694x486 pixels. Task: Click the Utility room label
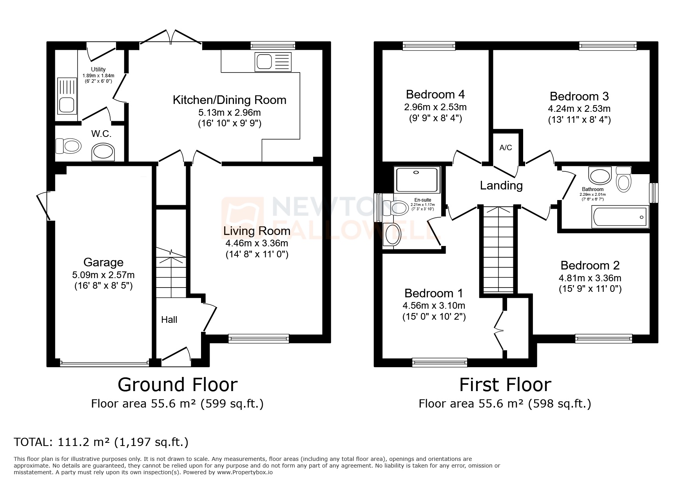(x=98, y=69)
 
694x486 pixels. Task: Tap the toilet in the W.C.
(x=69, y=146)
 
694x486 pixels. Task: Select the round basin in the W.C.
(x=103, y=152)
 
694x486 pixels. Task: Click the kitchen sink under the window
(x=273, y=62)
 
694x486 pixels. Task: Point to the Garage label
(x=103, y=262)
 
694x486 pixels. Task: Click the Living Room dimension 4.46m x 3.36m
(x=257, y=243)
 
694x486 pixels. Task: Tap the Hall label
(x=169, y=320)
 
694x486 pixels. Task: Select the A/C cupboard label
(x=506, y=148)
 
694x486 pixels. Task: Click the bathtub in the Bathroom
(x=620, y=217)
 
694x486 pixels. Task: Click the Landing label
(x=501, y=185)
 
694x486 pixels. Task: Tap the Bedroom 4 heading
(x=435, y=95)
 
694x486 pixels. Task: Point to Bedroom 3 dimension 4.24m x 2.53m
(x=579, y=109)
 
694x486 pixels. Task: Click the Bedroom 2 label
(x=590, y=266)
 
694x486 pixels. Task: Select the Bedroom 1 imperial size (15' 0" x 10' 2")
(x=434, y=317)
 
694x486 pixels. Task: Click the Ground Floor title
(x=178, y=385)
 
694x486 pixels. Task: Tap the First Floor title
(x=505, y=385)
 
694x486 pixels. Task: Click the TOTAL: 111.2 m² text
(x=101, y=442)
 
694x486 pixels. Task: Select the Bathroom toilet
(x=623, y=180)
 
